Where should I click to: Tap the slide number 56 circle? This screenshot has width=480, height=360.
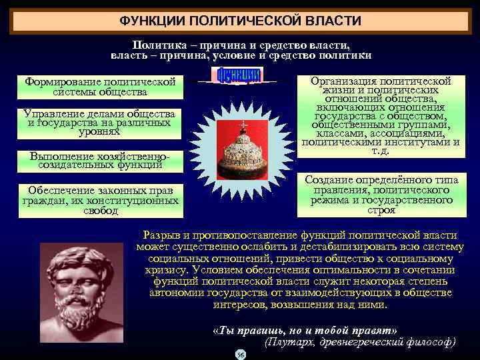coord(241,354)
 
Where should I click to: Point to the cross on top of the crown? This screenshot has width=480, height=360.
coord(243,125)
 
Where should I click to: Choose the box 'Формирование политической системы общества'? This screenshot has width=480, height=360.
coord(99,87)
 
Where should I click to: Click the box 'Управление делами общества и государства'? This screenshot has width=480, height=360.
coord(99,123)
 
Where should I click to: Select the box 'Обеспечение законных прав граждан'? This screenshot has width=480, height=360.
coord(99,200)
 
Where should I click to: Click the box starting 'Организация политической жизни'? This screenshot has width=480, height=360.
coord(381,117)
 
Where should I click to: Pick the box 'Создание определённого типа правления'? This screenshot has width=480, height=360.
coord(381,195)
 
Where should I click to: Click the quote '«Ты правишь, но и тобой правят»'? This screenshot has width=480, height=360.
coord(303,331)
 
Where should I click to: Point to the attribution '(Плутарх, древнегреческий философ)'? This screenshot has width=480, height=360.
coord(361,342)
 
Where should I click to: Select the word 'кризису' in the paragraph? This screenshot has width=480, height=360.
coord(166,270)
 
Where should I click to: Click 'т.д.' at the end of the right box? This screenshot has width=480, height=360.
coord(381,151)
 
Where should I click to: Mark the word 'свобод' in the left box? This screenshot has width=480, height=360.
coord(101,211)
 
